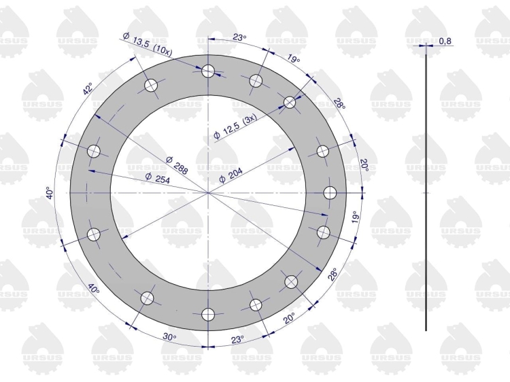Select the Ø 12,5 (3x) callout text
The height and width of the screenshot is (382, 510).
[x=235, y=126]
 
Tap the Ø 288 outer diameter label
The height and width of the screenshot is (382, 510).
[x=177, y=165]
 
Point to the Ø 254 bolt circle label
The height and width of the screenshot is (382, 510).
[x=158, y=179]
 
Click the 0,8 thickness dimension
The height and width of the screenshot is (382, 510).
[x=445, y=41]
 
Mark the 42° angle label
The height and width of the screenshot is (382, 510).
[x=88, y=89]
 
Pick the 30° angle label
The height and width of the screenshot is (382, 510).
[x=169, y=337]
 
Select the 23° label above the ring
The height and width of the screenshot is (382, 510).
[x=239, y=37]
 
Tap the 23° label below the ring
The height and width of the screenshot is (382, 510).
[x=238, y=340]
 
